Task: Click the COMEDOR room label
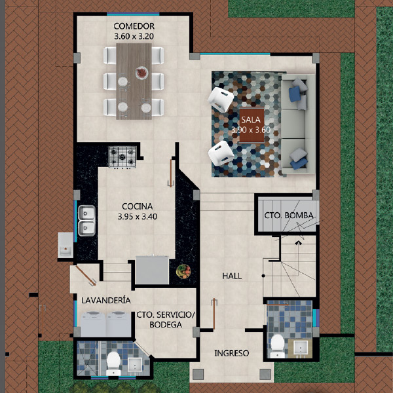coord(134,26)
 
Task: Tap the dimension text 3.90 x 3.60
coord(251,130)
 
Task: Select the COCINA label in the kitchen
coord(137,206)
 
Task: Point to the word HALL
coord(232,276)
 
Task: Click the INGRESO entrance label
coord(232,353)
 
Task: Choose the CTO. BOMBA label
coord(289,215)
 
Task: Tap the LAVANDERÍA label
coord(106,300)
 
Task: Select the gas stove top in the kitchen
coord(122,157)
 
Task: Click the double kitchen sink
coord(86,221)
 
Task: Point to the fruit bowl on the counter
coord(183,271)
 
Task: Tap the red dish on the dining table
coord(142,73)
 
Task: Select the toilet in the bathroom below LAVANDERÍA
coord(113,363)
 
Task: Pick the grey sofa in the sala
coord(298,124)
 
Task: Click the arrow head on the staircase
coord(298,242)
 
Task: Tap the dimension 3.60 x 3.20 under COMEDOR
coord(134,37)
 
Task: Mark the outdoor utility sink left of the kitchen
coord(65,245)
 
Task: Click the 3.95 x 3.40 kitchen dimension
coord(138,216)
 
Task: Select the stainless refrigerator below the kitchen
coord(152,270)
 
